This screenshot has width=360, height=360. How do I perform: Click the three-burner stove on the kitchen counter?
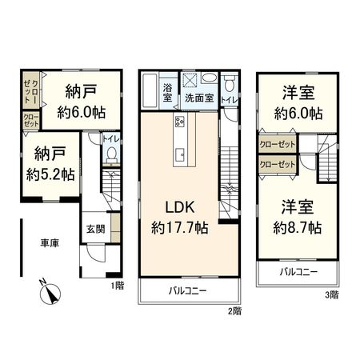(179, 122)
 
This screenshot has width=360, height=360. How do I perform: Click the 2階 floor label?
(233, 309)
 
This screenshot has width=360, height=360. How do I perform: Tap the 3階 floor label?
(331, 294)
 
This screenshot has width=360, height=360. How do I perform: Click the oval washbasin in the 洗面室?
(210, 79)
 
